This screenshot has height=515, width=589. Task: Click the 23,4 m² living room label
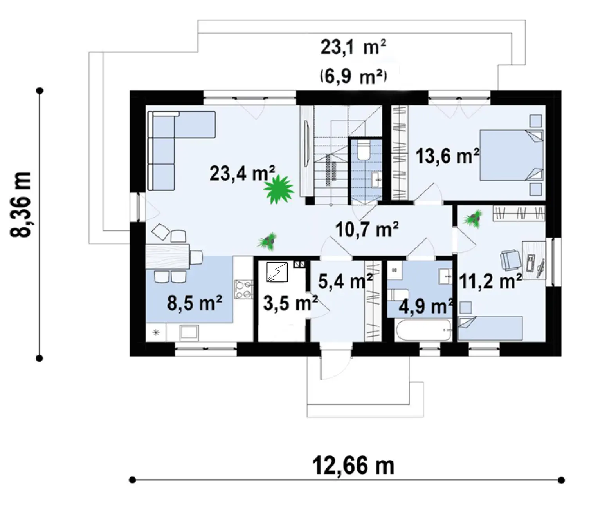coord(242,173)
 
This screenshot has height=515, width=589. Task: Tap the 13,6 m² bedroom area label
coord(447,156)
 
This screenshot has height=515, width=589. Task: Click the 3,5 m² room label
coord(290,303)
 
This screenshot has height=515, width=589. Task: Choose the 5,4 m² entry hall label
coord(346,281)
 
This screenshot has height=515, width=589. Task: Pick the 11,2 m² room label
coord(490,281)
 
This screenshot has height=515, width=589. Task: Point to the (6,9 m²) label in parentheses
coord(353,77)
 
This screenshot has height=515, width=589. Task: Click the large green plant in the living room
coord(278,189)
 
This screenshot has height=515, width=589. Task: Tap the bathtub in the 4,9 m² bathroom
coord(423,330)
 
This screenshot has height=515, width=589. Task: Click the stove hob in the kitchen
coord(243,289)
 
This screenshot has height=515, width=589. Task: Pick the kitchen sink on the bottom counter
coord(189,332)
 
